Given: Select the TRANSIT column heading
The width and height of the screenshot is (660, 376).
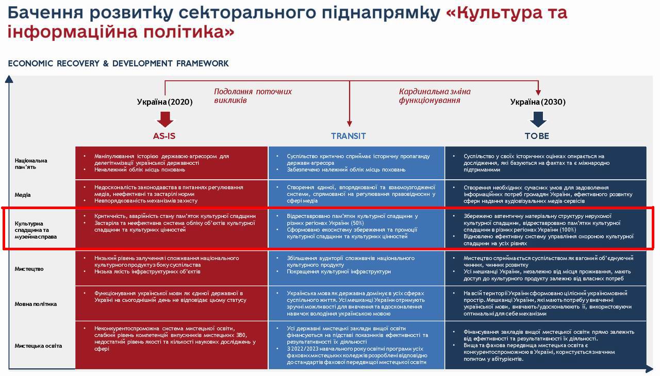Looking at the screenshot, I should click(349, 136).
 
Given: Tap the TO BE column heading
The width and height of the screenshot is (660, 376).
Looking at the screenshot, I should click(537, 136).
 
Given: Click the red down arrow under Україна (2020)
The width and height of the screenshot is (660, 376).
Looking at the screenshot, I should click(164, 119).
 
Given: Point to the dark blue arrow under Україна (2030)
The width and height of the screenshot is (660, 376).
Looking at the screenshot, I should click(538, 119).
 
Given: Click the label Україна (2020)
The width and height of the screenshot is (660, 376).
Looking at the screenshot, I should click(164, 102).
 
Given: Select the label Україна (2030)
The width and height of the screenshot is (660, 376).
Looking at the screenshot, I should click(538, 102).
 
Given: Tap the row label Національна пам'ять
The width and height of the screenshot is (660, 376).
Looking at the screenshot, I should click(31, 164).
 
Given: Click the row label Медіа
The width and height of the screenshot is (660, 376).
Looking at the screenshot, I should click(23, 195).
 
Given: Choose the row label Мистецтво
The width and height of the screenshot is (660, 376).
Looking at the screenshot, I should click(29, 269).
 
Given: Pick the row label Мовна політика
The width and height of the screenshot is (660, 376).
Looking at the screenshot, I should click(36, 304).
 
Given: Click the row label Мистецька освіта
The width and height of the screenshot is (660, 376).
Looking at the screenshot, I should click(38, 346).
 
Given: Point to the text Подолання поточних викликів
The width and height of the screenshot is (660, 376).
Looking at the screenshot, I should click(253, 96).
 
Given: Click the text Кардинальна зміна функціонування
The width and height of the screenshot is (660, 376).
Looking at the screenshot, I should click(434, 96).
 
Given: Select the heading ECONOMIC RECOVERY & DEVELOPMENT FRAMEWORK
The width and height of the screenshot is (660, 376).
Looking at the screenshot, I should click(118, 63).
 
